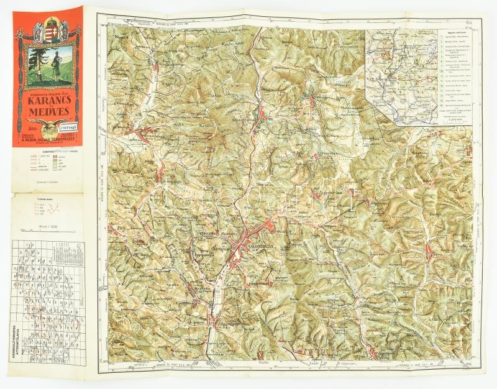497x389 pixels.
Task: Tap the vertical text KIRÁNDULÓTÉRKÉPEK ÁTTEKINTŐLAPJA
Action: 21,347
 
